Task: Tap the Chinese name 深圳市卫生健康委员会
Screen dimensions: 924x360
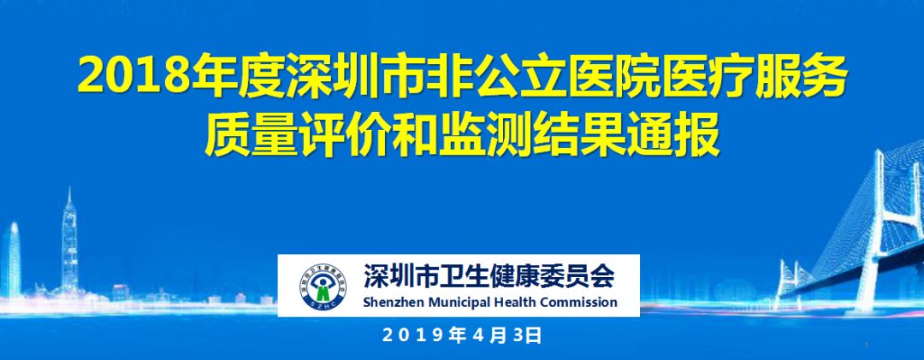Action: [x=489, y=275]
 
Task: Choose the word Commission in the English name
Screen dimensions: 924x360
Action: [x=567, y=303]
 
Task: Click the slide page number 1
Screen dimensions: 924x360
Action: [x=868, y=345]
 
